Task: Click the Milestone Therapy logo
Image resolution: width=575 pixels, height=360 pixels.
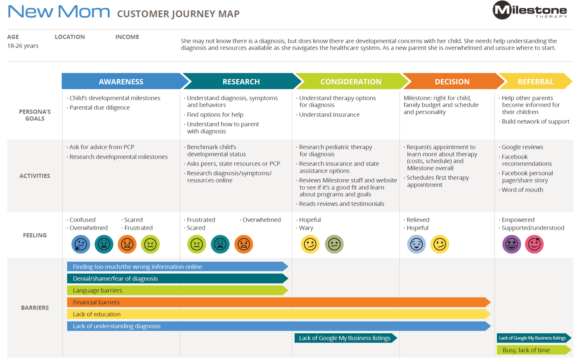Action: coord(529,10)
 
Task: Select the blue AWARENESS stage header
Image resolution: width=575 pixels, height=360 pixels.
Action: coord(121,82)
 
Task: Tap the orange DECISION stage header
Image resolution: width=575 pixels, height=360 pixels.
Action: coord(452,82)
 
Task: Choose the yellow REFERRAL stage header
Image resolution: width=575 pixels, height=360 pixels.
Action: coord(535,82)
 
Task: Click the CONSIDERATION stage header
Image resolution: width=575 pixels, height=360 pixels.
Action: coord(351,82)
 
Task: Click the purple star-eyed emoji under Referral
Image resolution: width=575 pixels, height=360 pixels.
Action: coord(511,244)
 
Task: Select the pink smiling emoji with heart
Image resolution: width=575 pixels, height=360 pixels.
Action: coord(534,244)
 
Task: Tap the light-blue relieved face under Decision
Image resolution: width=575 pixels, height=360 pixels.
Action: coord(416,244)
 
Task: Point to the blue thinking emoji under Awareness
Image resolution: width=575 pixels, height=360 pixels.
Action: coord(81,244)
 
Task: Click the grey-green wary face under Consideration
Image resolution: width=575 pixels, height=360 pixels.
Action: coord(334,244)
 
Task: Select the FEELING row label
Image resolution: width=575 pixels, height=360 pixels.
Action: coord(35,235)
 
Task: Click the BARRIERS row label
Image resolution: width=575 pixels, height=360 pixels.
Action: coord(35,308)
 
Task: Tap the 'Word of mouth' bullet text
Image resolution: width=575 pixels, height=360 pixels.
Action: coord(522,190)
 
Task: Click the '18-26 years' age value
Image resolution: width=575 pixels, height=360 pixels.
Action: coord(23,46)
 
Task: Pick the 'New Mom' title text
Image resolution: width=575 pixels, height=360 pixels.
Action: coord(59,12)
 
